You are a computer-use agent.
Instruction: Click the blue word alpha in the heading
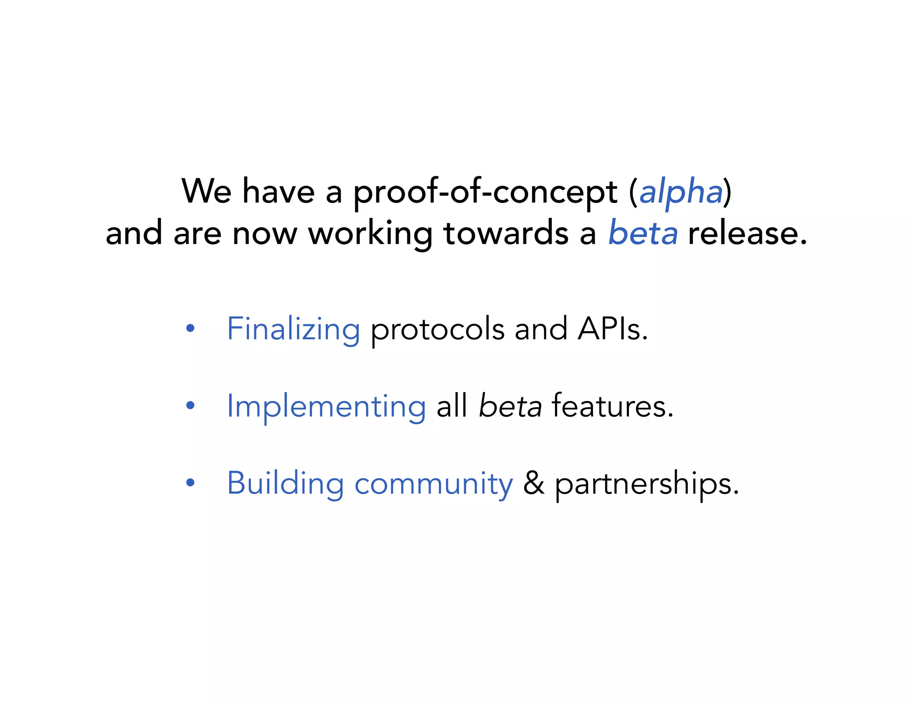tap(681, 192)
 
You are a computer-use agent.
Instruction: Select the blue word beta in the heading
tap(643, 233)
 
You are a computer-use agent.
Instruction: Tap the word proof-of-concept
tap(485, 192)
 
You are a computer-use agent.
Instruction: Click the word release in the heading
tap(747, 233)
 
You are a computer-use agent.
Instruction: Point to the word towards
tap(506, 233)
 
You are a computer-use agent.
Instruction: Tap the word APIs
tap(612, 329)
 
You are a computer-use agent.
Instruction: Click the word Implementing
tap(326, 407)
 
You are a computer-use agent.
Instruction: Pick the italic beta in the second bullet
tap(510, 406)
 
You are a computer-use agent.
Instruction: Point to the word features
tap(612, 406)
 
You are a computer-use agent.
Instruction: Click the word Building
tap(285, 484)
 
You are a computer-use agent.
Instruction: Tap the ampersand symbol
tap(534, 483)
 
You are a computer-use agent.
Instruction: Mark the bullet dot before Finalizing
tap(190, 329)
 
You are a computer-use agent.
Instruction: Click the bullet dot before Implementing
tap(190, 406)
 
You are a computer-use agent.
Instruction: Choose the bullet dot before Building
tap(190, 483)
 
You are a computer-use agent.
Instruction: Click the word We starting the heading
tap(206, 191)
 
